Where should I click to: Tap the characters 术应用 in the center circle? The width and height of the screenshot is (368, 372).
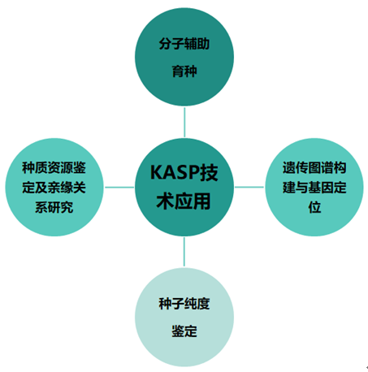184,201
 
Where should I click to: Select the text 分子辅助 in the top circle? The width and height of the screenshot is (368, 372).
184,44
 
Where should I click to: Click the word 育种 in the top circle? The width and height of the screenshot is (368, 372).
184,71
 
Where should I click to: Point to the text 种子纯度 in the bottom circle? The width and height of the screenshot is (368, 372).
184,304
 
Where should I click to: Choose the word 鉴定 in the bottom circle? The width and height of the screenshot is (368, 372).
184,331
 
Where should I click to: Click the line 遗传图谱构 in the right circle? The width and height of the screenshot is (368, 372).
314,167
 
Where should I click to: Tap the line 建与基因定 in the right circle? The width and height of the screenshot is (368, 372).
314,188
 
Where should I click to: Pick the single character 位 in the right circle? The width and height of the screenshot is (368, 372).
314,207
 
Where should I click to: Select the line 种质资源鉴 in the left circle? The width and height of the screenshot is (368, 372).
54,167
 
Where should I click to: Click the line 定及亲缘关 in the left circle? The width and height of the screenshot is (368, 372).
54,188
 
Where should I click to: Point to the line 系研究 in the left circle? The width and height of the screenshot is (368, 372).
54,207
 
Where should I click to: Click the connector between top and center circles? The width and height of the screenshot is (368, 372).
184,123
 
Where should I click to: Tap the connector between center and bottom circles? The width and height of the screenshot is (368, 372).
184,252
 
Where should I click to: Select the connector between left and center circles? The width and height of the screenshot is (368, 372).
119,187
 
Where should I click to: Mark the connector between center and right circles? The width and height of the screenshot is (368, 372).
249,187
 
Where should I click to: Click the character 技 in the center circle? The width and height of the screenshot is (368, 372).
209,172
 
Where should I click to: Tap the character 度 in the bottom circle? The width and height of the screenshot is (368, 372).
203,304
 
